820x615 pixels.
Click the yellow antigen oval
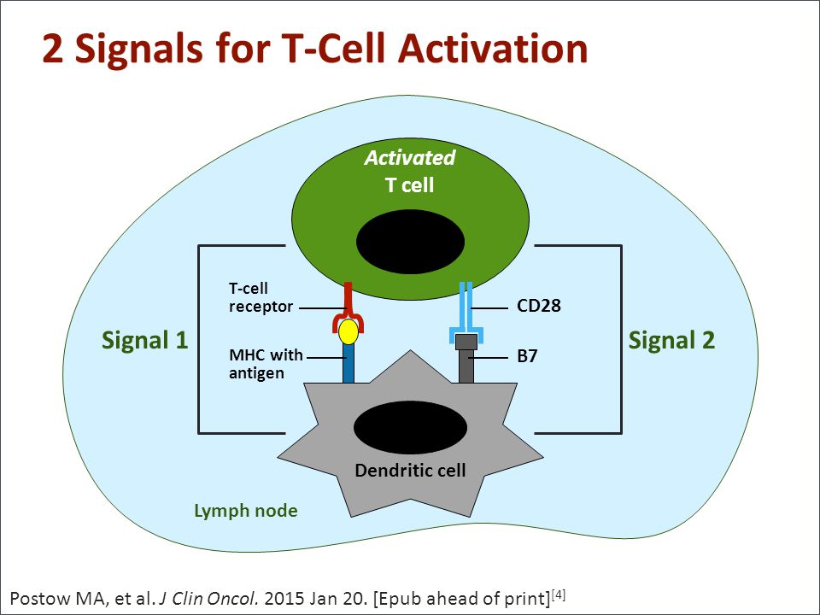[348, 331]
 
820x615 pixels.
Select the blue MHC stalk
[348, 363]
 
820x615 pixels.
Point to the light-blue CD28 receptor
[466, 313]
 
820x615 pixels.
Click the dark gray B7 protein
[466, 359]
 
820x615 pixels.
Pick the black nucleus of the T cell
[411, 242]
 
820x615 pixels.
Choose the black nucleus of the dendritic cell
[411, 428]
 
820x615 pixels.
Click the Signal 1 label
[144, 341]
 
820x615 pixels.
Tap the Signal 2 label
[671, 341]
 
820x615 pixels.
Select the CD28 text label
[539, 306]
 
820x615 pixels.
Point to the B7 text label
[527, 356]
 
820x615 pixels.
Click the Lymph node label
[246, 511]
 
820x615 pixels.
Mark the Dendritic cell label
[410, 470]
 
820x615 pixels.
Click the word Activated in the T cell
[410, 157]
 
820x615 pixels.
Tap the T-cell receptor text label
[261, 297]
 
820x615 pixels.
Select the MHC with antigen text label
[266, 364]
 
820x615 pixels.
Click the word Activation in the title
[493, 48]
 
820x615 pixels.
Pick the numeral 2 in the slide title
[53, 49]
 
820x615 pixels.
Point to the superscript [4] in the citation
[559, 594]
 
